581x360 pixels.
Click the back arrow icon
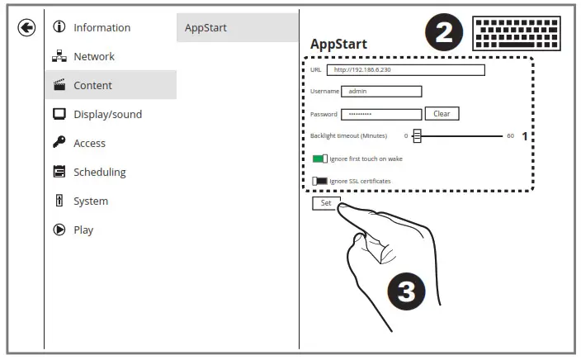(26, 28)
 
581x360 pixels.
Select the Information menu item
(102, 27)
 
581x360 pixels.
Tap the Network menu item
(94, 56)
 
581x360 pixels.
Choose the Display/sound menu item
(107, 114)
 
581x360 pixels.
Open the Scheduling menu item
(99, 172)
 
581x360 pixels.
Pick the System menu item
(90, 201)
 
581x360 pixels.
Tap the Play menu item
(83, 230)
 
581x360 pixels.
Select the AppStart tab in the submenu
(205, 27)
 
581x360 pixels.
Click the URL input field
(405, 70)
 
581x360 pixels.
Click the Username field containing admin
(381, 92)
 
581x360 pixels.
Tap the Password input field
(381, 114)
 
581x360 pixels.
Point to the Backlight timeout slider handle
(418, 136)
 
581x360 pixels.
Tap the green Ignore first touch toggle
(320, 159)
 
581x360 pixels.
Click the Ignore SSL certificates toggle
(320, 181)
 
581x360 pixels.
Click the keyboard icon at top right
(516, 33)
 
